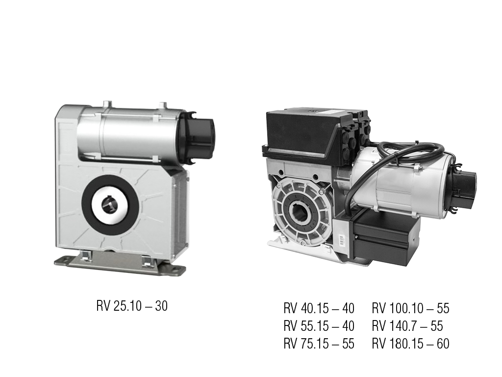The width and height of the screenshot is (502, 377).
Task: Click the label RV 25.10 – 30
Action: tap(132, 306)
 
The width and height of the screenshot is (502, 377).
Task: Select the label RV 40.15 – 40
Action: tap(319, 308)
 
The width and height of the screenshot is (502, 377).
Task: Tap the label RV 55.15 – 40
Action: tap(319, 326)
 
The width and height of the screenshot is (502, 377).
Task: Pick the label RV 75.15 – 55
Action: tap(319, 344)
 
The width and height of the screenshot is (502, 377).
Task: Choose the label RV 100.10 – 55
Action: tap(410, 308)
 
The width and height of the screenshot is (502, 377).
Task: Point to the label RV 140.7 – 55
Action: tap(407, 326)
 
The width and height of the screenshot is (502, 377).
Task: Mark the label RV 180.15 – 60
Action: tap(410, 344)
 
